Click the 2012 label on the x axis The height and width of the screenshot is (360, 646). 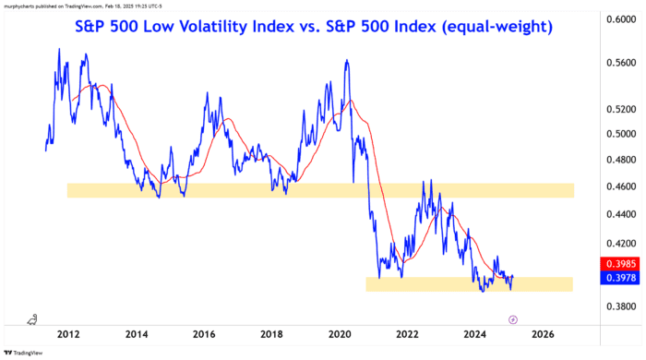point(67,333)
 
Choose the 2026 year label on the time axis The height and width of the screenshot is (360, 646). point(543,333)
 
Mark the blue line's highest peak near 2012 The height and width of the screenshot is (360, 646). point(60,49)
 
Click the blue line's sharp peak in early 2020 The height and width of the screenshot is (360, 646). point(346,61)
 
